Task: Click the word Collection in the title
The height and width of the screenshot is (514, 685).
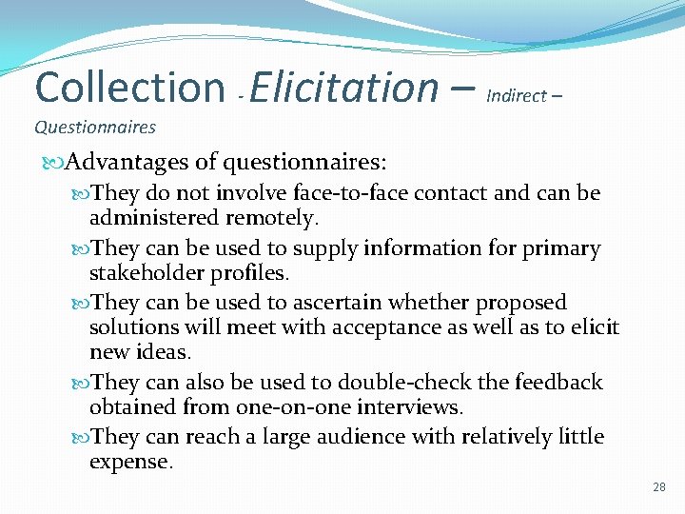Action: [128, 87]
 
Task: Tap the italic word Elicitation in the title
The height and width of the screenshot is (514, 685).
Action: [343, 87]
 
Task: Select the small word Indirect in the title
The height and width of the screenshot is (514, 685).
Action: [517, 95]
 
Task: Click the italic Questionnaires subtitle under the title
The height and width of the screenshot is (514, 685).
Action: [95, 127]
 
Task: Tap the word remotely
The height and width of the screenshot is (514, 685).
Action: [270, 219]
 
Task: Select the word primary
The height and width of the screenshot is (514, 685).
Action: [565, 248]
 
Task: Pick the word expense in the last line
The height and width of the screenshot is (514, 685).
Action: [130, 463]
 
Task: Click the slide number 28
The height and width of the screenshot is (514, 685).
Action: [659, 488]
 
